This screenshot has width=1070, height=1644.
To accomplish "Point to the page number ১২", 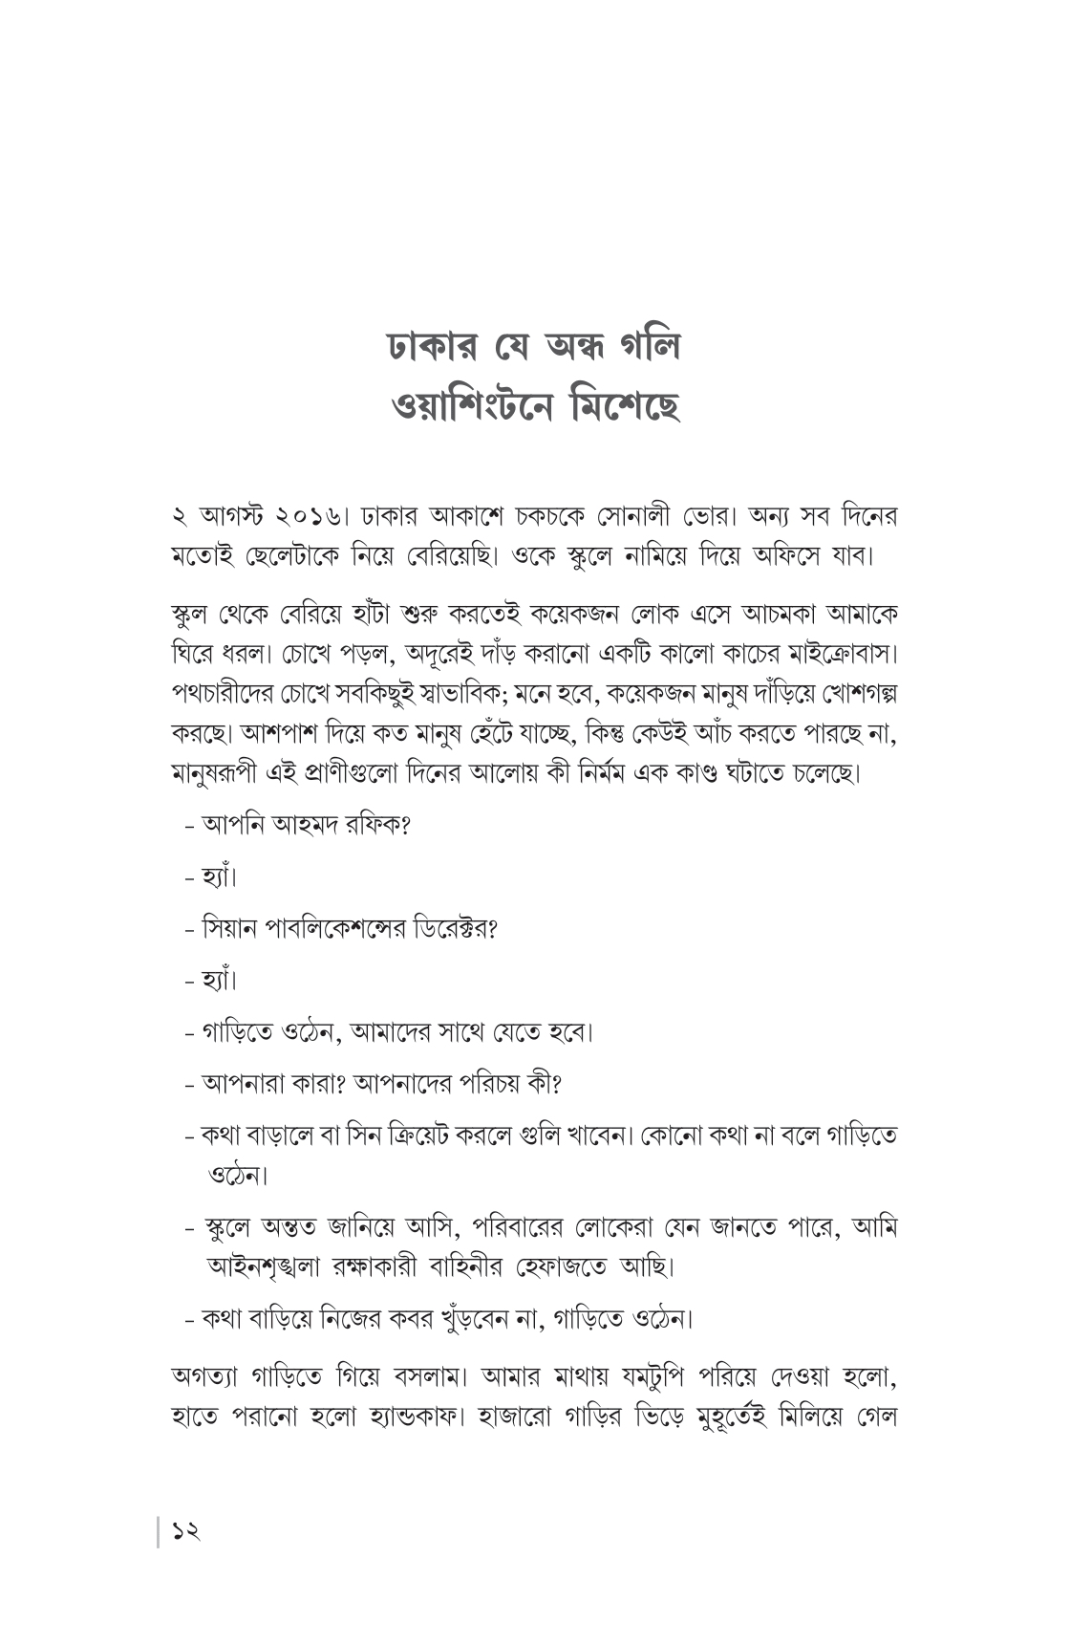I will (185, 1531).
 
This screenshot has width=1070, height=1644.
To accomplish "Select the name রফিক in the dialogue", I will (380, 824).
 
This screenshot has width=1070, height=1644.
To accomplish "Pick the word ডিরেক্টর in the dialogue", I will (454, 927).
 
